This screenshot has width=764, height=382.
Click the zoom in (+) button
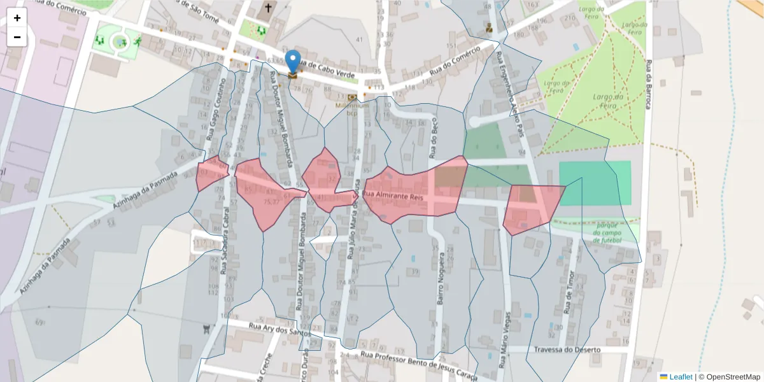17,18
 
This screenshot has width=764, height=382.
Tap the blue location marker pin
293,62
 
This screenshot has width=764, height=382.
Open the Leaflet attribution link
680,377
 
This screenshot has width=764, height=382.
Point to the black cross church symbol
268,8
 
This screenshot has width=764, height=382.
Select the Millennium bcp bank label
357,110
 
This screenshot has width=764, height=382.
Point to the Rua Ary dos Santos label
280,329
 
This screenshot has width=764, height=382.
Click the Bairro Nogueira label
439,285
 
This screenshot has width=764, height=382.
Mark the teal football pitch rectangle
595,183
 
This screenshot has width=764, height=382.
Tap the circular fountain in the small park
119,42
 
